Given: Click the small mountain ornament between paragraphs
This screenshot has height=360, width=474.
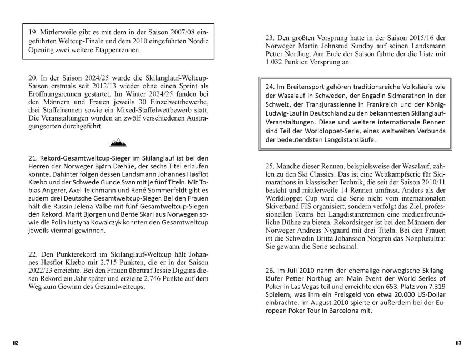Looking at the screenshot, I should [x=118, y=143].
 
